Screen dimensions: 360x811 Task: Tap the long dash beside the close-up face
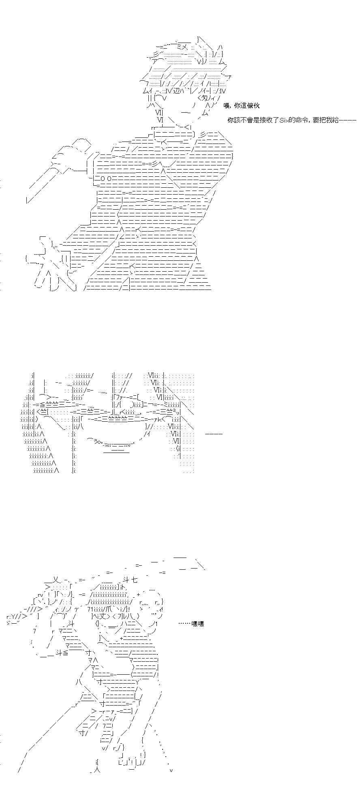(214, 434)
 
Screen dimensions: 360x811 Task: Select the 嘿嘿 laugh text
(198, 624)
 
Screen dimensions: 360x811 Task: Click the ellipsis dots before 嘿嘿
(185, 624)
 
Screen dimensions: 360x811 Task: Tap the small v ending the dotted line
(171, 770)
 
